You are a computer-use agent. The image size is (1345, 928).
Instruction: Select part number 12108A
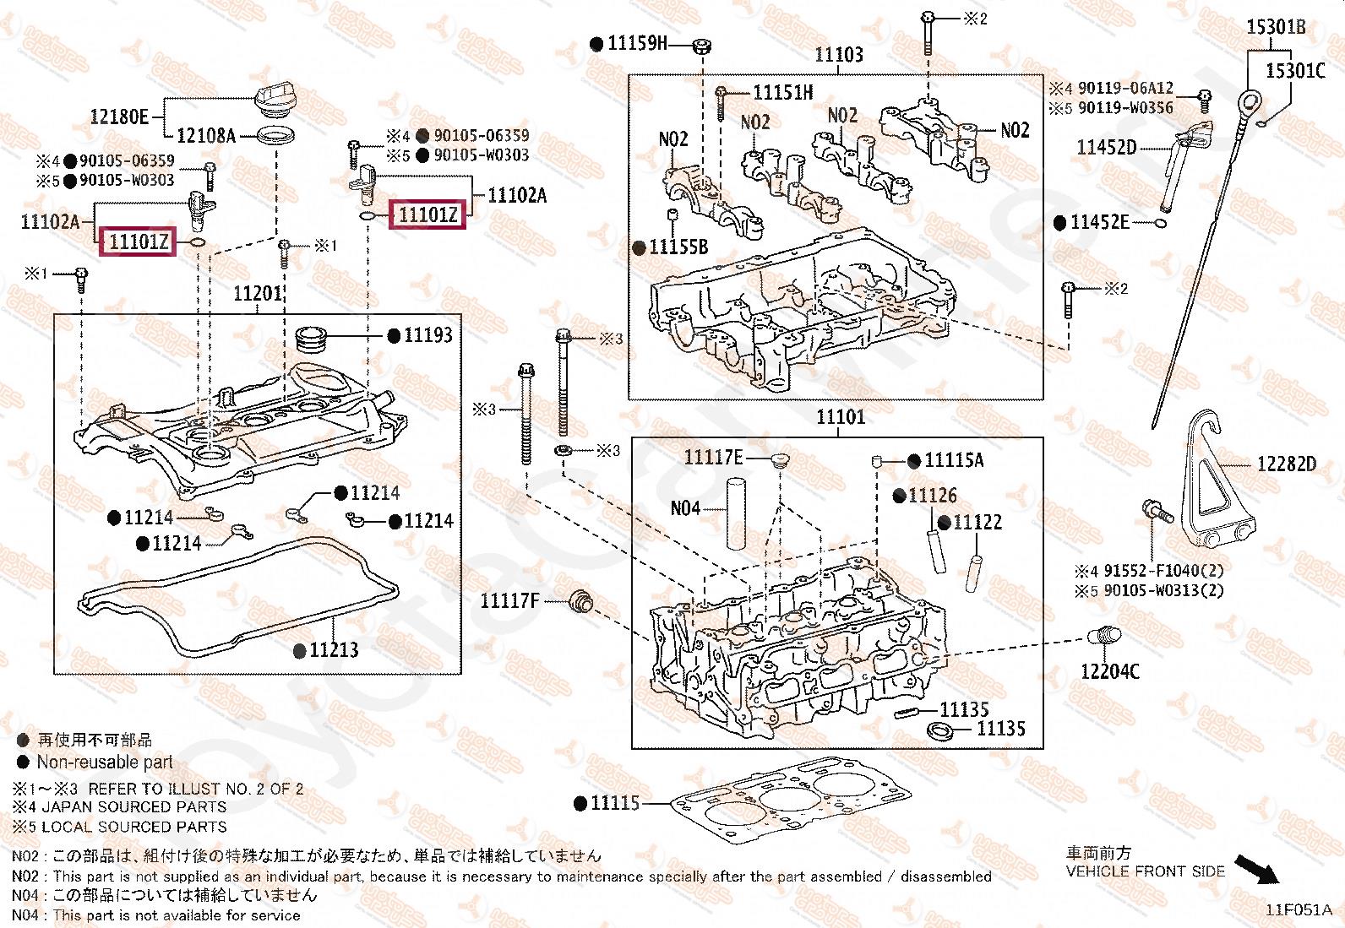pyautogui.click(x=206, y=135)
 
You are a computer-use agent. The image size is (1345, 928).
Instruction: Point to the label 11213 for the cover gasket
pyautogui.click(x=334, y=649)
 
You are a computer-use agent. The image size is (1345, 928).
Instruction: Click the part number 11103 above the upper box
pyautogui.click(x=838, y=55)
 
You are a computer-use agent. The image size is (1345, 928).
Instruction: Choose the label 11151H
pyautogui.click(x=783, y=93)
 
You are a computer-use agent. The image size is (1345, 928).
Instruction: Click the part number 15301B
pyautogui.click(x=1276, y=27)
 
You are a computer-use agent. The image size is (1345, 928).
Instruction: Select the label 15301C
pyautogui.click(x=1295, y=70)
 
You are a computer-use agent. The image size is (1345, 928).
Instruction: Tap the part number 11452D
pyautogui.click(x=1106, y=148)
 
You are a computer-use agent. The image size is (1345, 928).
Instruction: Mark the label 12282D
pyautogui.click(x=1286, y=464)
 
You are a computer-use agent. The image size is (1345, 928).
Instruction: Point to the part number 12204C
pyautogui.click(x=1110, y=671)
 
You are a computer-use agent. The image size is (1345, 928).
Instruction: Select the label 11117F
pyautogui.click(x=509, y=601)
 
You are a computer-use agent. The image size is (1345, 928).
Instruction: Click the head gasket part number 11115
pyautogui.click(x=615, y=803)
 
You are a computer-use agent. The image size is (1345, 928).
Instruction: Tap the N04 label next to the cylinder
pyautogui.click(x=685, y=507)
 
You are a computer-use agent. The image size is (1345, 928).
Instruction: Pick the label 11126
pyautogui.click(x=933, y=496)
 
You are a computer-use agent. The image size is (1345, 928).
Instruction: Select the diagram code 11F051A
pyautogui.click(x=1299, y=910)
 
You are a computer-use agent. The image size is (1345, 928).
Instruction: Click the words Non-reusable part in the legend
pyautogui.click(x=104, y=762)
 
